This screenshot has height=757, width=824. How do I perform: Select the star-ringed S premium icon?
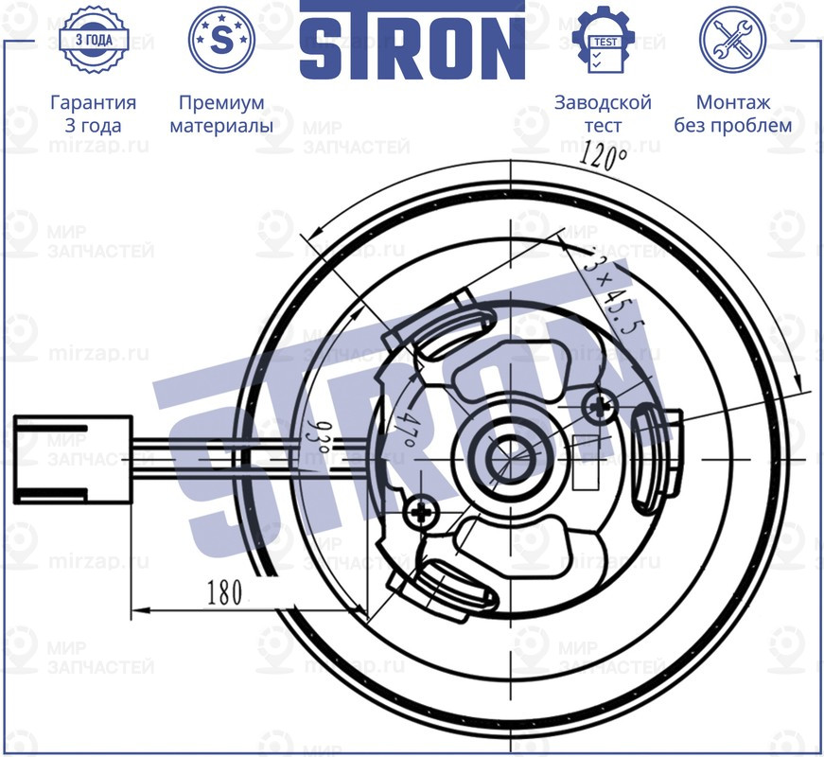click(221, 40)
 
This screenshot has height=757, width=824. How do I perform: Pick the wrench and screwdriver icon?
click(732, 40)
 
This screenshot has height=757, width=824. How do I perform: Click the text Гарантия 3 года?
click(93, 114)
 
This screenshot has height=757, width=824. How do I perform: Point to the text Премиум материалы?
click(221, 114)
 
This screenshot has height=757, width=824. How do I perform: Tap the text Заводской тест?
click(603, 114)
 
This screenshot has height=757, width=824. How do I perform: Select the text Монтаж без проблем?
click(732, 114)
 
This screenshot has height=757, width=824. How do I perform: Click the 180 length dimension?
click(224, 593)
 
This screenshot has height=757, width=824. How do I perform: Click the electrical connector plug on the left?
click(72, 458)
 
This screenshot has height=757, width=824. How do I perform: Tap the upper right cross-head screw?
click(598, 408)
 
